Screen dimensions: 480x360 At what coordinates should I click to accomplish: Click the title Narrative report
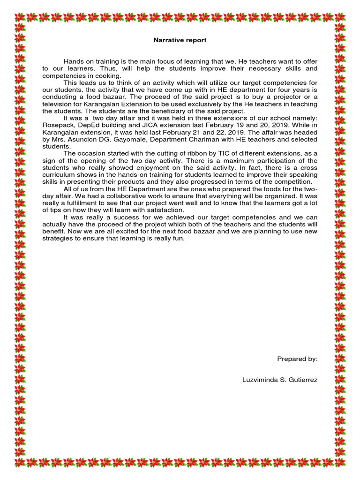click(180, 40)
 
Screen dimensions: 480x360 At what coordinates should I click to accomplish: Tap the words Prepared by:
click(297, 359)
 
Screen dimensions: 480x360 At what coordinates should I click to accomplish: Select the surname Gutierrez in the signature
click(301, 379)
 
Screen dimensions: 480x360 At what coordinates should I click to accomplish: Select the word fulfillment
click(82, 203)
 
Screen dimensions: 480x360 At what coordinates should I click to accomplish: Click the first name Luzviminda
click(256, 379)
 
